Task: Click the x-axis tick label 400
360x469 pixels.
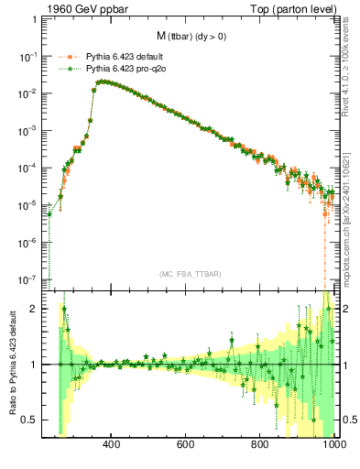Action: (112, 446)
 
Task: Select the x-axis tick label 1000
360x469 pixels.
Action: (332, 446)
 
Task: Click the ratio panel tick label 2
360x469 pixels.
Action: (33, 309)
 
